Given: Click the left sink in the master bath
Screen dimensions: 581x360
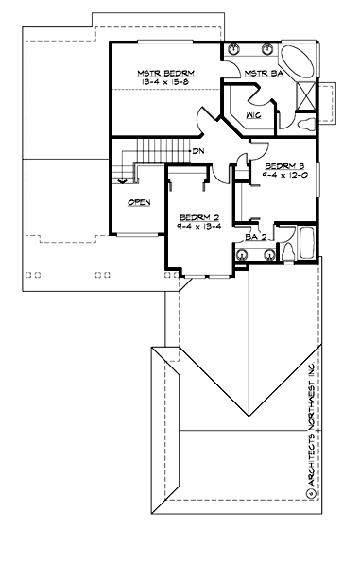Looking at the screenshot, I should coord(233,49).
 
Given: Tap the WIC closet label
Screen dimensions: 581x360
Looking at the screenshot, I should coord(252,115).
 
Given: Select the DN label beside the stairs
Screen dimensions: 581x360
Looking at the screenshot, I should coord(198,151).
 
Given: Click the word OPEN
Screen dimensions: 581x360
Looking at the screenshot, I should coord(138,202).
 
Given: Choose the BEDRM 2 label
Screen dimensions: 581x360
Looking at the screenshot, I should coord(198,215).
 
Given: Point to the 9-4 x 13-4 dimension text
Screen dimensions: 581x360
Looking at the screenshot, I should coord(198,226).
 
